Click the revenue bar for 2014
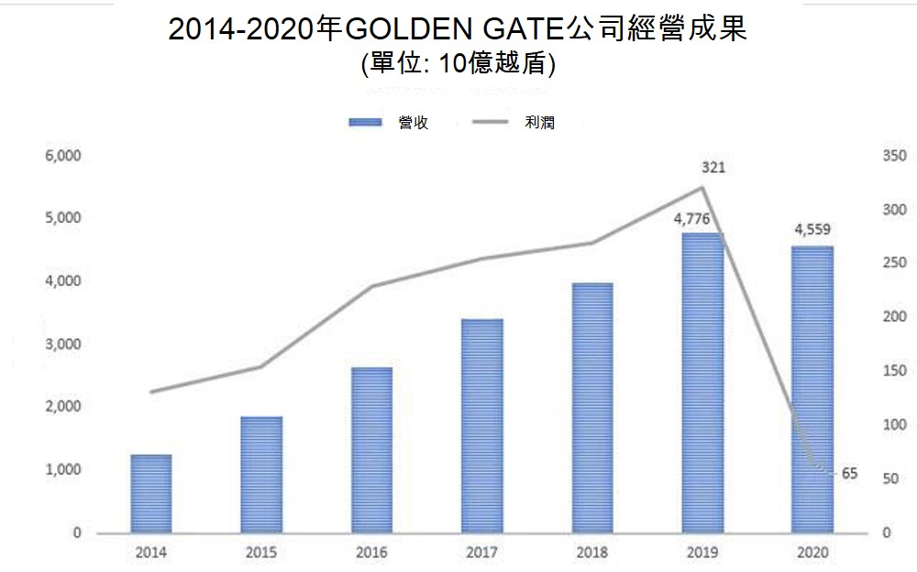coord(151,493)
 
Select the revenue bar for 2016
coord(371,450)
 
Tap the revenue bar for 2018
coord(592,408)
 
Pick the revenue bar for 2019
coord(702,382)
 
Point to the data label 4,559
coord(812,230)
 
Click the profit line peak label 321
coord(713,168)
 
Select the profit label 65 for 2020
coord(849,474)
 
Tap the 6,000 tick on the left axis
coord(63,157)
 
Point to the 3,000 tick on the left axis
coord(63,345)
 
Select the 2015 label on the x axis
coord(261,553)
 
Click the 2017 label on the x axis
coord(481,553)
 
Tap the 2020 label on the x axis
coord(812,553)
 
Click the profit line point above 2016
coord(371,286)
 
